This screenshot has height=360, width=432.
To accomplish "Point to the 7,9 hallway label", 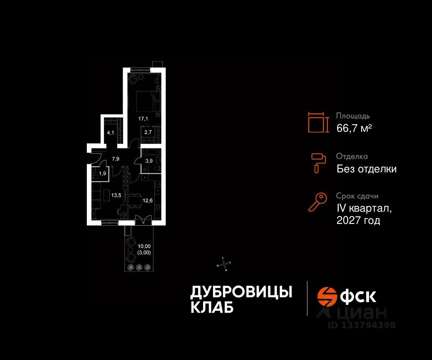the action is [116, 158].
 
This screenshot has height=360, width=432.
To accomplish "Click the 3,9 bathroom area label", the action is [148, 160].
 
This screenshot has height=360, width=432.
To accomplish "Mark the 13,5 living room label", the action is [116, 196].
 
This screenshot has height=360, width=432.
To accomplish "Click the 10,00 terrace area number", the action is [144, 246].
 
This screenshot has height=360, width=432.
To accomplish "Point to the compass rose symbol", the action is [224, 264].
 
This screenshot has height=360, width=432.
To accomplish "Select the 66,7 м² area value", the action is [354, 128].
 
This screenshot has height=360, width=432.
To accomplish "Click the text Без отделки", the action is [366, 169].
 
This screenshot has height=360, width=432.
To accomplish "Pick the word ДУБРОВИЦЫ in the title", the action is [241, 292].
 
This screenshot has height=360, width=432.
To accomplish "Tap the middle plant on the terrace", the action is [139, 267].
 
